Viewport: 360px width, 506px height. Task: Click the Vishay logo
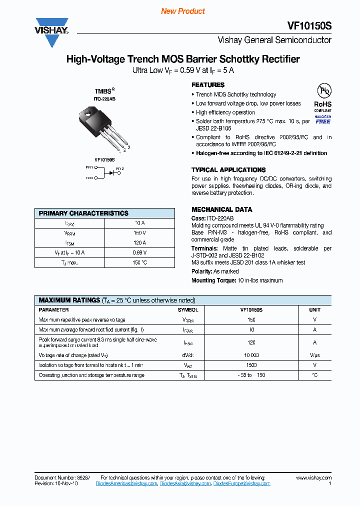[x=51, y=32]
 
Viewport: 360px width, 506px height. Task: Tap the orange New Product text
[x=182, y=11]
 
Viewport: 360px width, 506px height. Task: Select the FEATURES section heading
[x=208, y=85]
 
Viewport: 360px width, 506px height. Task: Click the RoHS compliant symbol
[x=323, y=97]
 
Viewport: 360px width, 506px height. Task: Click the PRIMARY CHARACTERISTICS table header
[x=83, y=213]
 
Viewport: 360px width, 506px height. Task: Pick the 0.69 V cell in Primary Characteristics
[x=140, y=252]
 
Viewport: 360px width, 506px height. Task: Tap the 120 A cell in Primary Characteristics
[x=140, y=242]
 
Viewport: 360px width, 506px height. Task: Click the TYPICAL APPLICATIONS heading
[x=228, y=170]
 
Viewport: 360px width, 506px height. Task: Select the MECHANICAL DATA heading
[x=222, y=209]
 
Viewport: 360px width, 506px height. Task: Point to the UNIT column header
[x=314, y=310]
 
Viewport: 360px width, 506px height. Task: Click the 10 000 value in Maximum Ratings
[x=251, y=354]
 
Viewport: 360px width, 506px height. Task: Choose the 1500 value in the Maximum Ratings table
[x=251, y=365]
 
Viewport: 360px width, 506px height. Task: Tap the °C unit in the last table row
[x=314, y=375]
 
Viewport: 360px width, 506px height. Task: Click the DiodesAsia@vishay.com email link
[x=185, y=483]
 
